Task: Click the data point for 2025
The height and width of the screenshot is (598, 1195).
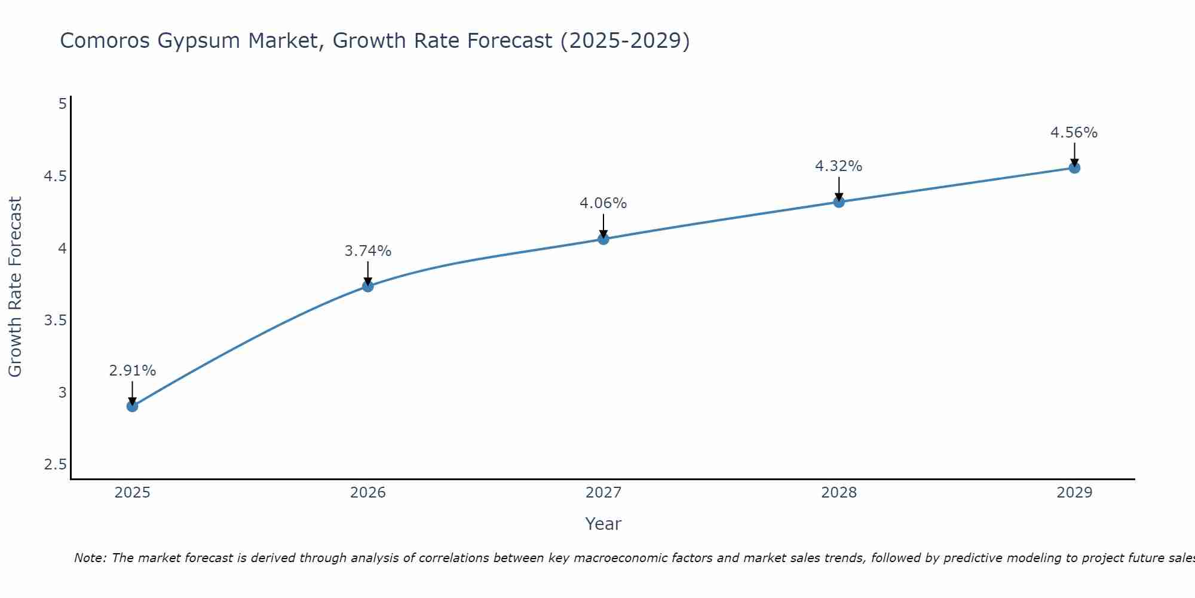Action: point(132,406)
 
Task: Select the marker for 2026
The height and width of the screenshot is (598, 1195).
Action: point(368,286)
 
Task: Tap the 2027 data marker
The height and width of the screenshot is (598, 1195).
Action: point(603,239)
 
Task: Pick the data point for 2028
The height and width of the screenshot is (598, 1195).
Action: point(839,202)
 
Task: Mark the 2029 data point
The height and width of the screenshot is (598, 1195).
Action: point(1074,168)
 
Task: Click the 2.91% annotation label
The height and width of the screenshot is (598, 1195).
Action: point(132,371)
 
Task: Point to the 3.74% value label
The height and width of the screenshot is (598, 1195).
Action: point(368,251)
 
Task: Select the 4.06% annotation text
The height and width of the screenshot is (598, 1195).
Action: point(603,203)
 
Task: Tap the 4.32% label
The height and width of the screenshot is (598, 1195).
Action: point(839,166)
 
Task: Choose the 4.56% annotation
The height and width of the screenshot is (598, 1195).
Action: point(1074,133)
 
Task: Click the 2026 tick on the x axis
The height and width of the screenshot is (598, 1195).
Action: point(368,493)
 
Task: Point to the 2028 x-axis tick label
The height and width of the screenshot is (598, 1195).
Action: point(839,493)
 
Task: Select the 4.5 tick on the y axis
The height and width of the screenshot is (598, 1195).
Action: point(55,176)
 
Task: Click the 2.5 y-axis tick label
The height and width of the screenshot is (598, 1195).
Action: point(55,465)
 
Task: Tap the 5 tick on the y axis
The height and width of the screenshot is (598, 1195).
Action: point(62,104)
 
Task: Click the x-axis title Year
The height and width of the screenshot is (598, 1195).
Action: point(603,524)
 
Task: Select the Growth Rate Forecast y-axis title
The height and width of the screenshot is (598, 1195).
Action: point(15,287)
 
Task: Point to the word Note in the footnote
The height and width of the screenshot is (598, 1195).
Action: point(90,558)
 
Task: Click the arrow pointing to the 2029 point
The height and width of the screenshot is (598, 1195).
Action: point(1074,154)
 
